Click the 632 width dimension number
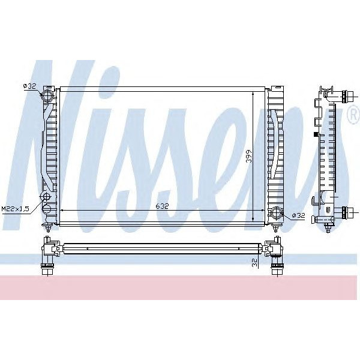pyautogui.click(x=162, y=206)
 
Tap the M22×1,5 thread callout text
pyautogui.click(x=16, y=208)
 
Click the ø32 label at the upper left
pyautogui.click(x=29, y=86)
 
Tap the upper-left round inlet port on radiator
pyautogui.click(x=47, y=97)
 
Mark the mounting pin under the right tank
pyautogui.click(x=275, y=228)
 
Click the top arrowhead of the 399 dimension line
pyautogui.click(x=254, y=94)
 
